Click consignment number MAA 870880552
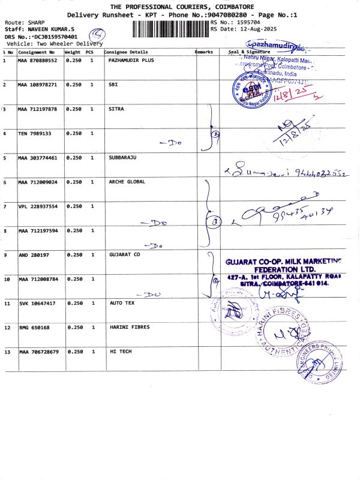click(38, 61)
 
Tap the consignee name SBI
click(113, 85)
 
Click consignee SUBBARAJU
click(124, 158)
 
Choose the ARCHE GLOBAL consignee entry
click(127, 182)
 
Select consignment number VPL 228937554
click(38, 206)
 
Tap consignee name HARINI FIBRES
click(129, 328)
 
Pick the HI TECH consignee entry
click(120, 352)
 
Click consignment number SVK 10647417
click(37, 304)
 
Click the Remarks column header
click(204, 52)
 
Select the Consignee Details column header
click(126, 52)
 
